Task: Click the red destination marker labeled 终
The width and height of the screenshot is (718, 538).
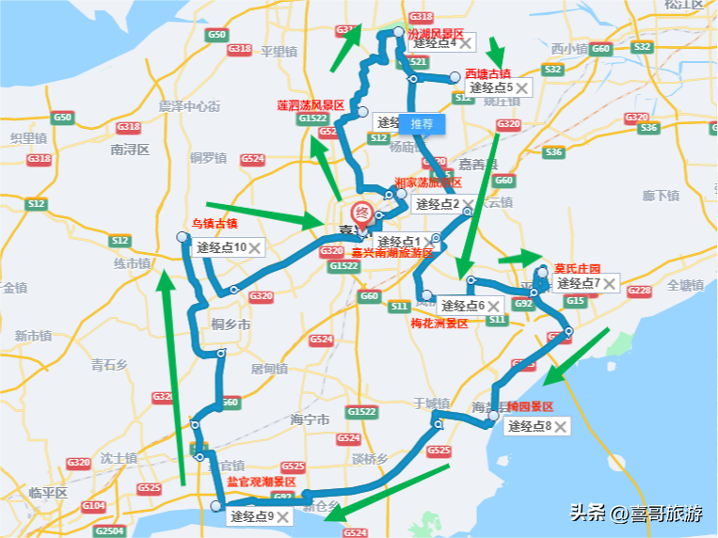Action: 361,214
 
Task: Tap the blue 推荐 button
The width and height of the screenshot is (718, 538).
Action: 422,123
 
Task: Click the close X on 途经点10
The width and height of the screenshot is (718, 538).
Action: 253,248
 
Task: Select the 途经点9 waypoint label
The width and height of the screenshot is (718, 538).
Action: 251,515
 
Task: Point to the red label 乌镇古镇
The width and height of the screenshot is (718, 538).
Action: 215,224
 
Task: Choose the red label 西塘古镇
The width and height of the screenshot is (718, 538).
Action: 487,73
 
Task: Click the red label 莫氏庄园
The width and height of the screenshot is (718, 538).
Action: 577,267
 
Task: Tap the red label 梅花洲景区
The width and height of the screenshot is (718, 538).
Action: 439,323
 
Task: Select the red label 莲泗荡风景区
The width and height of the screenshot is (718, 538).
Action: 311,105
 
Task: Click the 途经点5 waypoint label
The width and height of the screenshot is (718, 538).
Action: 490,87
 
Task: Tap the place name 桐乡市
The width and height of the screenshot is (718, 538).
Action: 231,324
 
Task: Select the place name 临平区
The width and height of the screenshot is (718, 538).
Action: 49,492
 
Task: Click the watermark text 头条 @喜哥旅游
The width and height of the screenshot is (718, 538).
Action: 635,514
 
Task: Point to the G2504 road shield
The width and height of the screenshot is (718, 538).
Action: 109,530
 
